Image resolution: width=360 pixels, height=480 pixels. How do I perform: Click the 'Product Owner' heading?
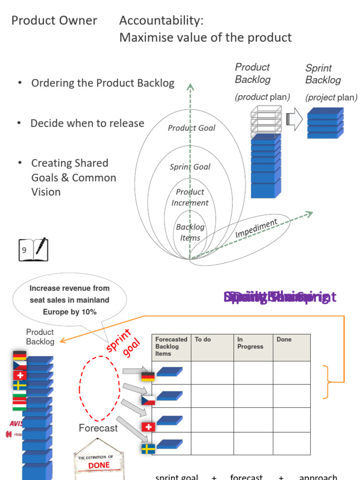(54, 21)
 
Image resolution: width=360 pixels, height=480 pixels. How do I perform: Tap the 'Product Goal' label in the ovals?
(191, 128)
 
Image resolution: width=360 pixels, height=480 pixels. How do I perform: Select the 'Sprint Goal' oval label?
(190, 167)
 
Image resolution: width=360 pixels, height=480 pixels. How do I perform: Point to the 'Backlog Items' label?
(190, 232)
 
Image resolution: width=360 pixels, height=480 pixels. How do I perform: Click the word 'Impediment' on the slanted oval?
(256, 228)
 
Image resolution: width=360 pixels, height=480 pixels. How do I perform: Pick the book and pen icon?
(33, 249)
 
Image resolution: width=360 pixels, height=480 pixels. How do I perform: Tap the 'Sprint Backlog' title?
(323, 74)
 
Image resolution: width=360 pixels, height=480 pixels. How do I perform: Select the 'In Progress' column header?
(250, 343)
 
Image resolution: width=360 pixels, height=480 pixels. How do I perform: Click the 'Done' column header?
(284, 339)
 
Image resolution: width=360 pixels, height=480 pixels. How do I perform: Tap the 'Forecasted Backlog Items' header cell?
(171, 346)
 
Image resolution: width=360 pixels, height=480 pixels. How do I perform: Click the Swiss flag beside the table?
(148, 427)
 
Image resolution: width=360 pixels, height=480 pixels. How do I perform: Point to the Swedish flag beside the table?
(148, 449)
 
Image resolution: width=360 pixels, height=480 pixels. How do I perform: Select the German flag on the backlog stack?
(20, 355)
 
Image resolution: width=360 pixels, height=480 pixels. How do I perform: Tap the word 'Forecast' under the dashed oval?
(98, 428)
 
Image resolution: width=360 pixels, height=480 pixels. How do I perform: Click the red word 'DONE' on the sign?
(99, 465)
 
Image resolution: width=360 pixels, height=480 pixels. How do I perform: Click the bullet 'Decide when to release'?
(87, 124)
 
